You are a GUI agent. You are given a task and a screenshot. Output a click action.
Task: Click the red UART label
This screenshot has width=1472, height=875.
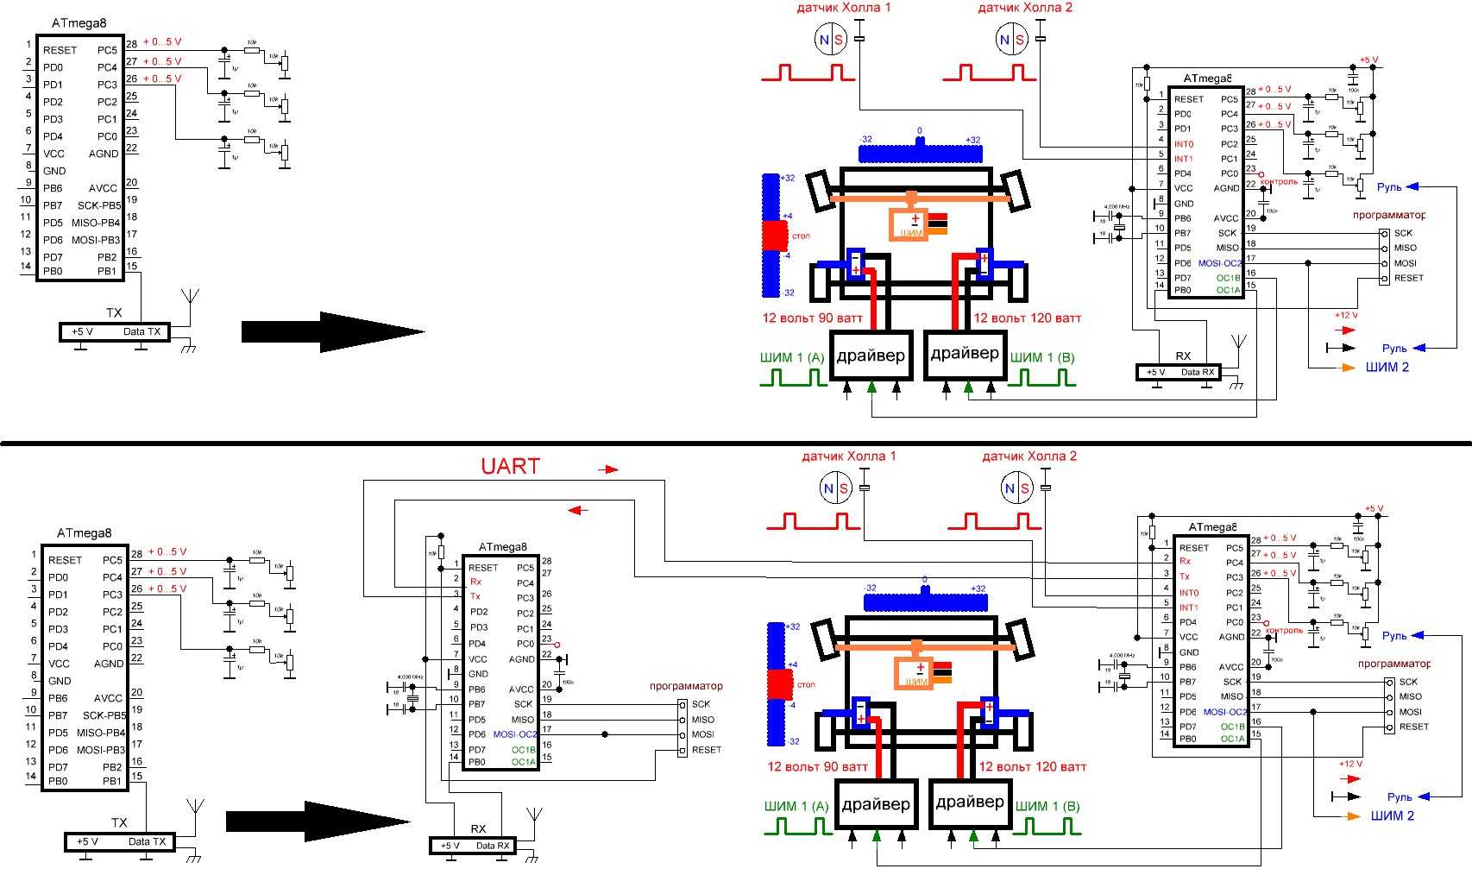(x=510, y=467)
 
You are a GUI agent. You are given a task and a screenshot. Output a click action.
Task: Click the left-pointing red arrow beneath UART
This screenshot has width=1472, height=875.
(x=578, y=510)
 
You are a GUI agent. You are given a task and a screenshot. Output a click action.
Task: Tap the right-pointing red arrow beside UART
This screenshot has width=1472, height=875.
(x=610, y=469)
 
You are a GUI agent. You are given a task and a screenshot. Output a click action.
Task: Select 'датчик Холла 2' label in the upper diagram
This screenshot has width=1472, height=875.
(x=1025, y=8)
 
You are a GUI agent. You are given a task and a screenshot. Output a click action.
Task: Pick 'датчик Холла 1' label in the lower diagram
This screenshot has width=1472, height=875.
(x=849, y=456)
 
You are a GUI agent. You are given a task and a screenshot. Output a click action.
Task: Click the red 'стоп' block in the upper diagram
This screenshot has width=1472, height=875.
(x=775, y=236)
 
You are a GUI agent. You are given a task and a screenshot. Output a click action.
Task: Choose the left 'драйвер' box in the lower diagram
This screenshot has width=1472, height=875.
(x=876, y=804)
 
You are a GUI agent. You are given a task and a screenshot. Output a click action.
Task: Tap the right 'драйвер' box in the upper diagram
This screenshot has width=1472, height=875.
(x=965, y=354)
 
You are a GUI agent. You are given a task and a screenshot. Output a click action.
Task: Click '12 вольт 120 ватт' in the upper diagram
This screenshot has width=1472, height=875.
(x=1027, y=318)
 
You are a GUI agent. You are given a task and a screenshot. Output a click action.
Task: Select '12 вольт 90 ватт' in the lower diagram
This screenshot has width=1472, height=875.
(x=817, y=767)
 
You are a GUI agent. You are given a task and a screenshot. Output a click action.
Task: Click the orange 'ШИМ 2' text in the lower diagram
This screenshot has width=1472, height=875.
(x=1392, y=816)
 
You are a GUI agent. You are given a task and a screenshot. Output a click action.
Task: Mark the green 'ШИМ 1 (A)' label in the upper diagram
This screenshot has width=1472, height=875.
(x=792, y=358)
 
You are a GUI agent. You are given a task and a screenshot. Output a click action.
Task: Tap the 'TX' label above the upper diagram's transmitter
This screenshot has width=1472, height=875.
(x=114, y=312)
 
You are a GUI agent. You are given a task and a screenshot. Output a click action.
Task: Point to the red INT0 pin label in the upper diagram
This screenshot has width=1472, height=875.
(x=1184, y=144)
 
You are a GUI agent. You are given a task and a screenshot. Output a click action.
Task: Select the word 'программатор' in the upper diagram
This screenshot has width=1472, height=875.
(x=1388, y=215)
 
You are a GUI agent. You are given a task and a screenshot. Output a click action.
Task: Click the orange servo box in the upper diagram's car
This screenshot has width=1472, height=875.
(x=909, y=225)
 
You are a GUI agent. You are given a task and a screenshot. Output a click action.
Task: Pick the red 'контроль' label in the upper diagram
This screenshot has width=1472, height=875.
(x=1280, y=182)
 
